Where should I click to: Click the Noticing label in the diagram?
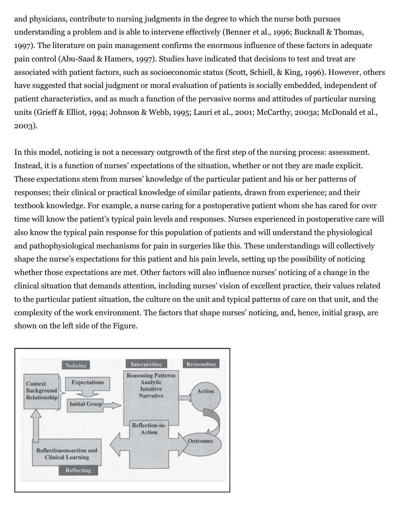(76, 365)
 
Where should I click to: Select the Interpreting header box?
(146, 364)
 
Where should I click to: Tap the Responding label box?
(201, 364)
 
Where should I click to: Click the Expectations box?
(88, 382)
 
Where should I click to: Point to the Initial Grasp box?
(85, 404)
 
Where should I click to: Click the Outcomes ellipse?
(200, 441)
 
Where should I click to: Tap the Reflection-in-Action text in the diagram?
(149, 429)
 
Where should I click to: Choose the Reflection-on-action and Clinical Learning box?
(67, 454)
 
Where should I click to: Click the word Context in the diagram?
(36, 384)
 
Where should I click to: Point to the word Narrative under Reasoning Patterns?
(151, 396)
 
